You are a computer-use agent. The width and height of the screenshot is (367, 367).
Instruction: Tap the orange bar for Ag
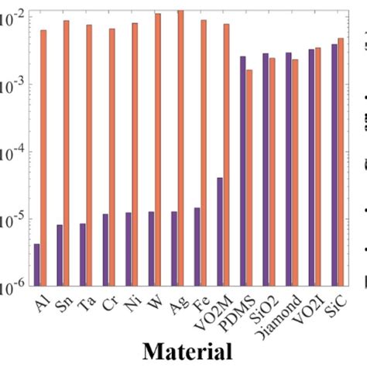click(181, 147)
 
